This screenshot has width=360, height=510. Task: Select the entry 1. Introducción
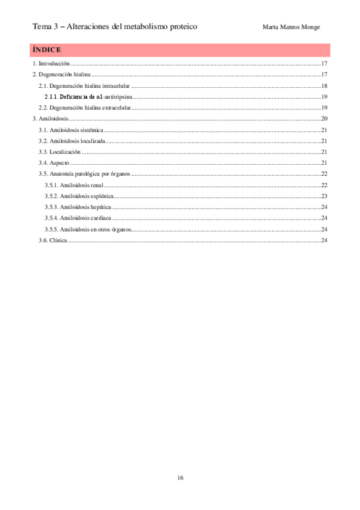pyautogui.click(x=51, y=63)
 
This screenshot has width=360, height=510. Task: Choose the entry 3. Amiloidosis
pyautogui.click(x=51, y=119)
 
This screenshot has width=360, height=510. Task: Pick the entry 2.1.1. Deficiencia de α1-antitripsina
pyautogui.click(x=89, y=97)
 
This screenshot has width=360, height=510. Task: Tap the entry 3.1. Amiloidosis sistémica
pyautogui.click(x=71, y=130)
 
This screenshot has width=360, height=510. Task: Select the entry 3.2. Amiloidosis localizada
pyautogui.click(x=72, y=141)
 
